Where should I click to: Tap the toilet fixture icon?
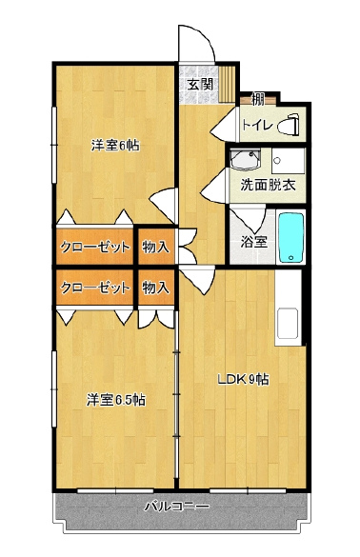[x=292, y=124]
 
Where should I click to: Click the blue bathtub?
[x=290, y=237]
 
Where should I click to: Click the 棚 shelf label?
[x=257, y=99]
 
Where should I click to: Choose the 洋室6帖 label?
[x=115, y=145]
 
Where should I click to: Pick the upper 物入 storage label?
[x=155, y=247]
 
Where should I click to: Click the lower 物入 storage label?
[x=155, y=287]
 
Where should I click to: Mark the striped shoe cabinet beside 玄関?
[x=226, y=84]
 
